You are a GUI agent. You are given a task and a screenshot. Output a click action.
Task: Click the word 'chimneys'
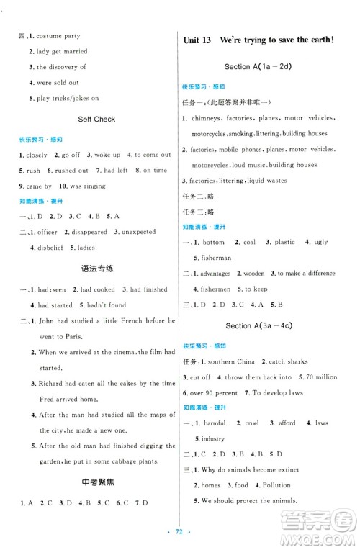point(205,118)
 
